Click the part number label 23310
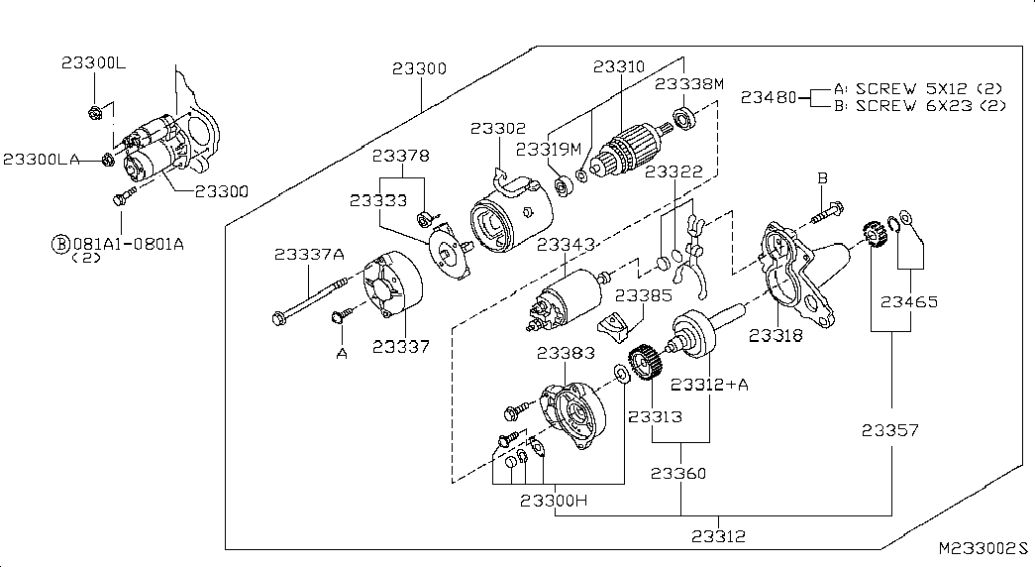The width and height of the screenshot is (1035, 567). pos(618,66)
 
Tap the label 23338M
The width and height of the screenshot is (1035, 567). pos(689,84)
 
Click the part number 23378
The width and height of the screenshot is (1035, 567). pos(401,156)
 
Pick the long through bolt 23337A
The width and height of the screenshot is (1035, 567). pos(309,301)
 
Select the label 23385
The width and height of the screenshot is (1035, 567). pos(644,295)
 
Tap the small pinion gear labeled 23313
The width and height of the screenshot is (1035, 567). pos(645,364)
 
